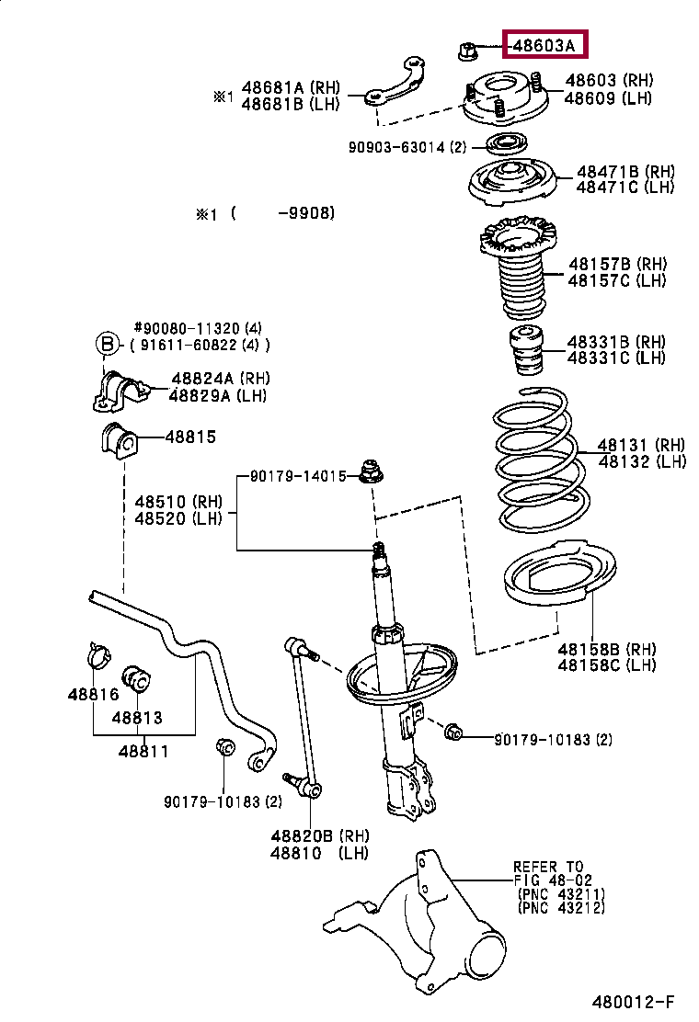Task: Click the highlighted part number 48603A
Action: [x=545, y=45]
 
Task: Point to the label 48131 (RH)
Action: [x=642, y=444]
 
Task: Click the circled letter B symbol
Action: [x=109, y=345]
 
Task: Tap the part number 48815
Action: [x=190, y=437]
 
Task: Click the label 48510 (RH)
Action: [x=179, y=502]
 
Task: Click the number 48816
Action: [x=88, y=695]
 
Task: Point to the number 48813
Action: [x=137, y=718]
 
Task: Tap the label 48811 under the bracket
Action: [x=143, y=751]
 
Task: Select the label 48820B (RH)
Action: [x=319, y=835]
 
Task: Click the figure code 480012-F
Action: [x=633, y=1000]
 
